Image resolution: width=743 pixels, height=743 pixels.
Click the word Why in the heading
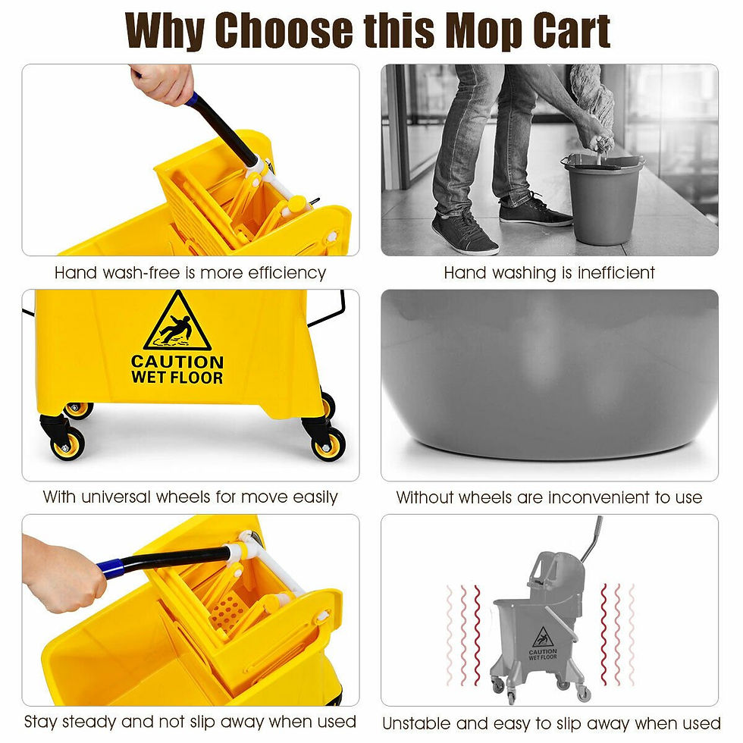(165, 30)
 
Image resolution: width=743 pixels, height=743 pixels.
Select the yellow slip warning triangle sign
(177, 321)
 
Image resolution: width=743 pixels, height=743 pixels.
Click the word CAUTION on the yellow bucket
(177, 362)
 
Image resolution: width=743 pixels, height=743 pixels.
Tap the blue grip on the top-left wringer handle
(193, 99)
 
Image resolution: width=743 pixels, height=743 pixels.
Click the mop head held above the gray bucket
(593, 99)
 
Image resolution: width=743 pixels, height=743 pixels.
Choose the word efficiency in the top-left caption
(284, 272)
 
